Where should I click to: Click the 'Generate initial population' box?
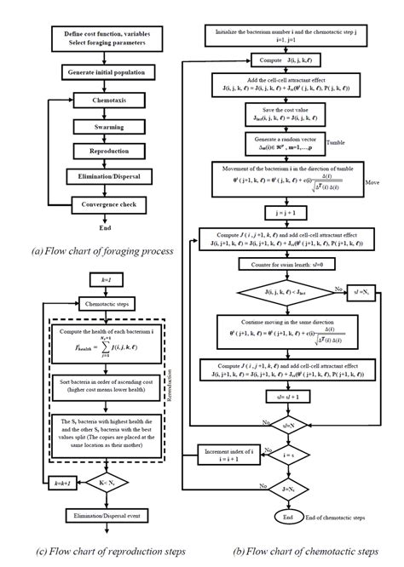click(x=103, y=73)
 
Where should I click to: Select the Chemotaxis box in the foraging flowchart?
click(x=103, y=100)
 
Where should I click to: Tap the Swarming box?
click(x=103, y=126)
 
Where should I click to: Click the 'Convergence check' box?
click(x=103, y=204)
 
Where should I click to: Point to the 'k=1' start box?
click(x=104, y=278)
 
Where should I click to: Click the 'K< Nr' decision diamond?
click(x=104, y=482)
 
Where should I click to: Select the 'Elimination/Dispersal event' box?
click(x=104, y=515)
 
